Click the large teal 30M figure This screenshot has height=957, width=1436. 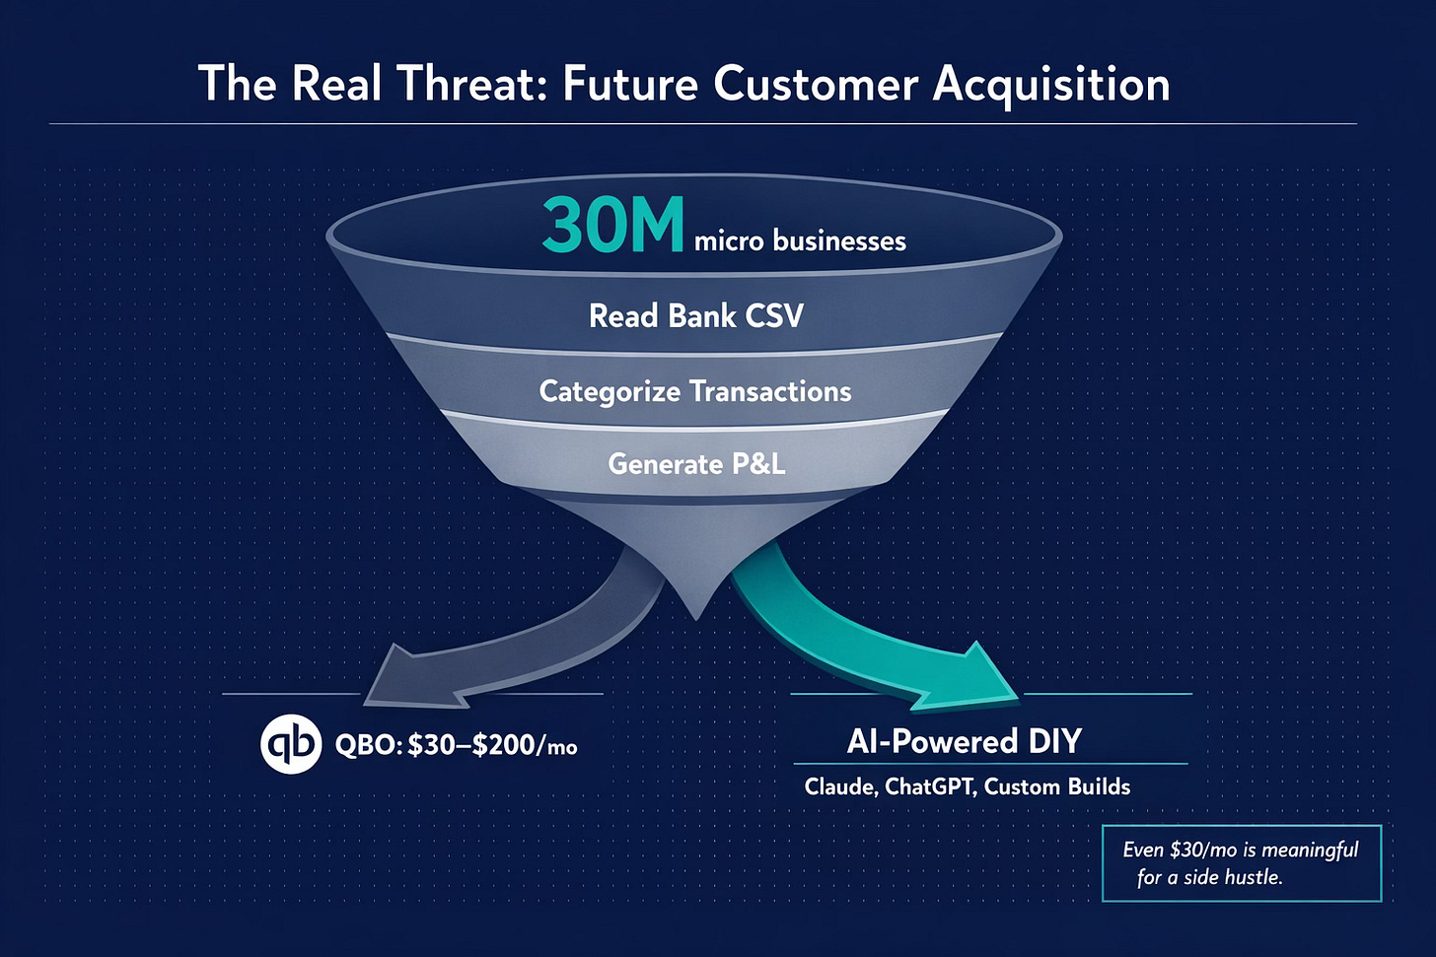point(612,226)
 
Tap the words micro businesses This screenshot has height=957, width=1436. point(800,241)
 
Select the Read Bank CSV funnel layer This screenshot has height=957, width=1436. point(695,316)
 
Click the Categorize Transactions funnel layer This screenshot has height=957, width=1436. point(695,391)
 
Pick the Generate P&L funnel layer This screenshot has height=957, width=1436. point(696,463)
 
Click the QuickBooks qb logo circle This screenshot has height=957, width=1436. point(291,744)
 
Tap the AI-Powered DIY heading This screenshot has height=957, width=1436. point(964,741)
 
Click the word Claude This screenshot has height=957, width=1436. point(839,786)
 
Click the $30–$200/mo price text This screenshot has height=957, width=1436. point(492,745)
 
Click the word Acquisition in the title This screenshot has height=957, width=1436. point(1051,85)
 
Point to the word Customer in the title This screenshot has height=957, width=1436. point(816,84)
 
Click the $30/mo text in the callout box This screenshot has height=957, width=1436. point(1203,850)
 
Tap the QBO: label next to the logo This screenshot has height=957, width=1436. point(368,745)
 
